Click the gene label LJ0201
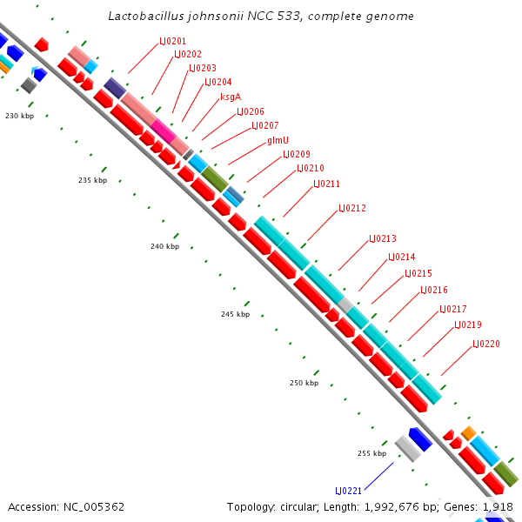tap(172, 41)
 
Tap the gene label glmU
tap(278, 139)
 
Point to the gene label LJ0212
tap(352, 208)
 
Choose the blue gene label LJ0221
tap(349, 491)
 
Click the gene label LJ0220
tap(486, 344)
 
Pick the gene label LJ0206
tap(251, 111)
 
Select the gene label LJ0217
tap(453, 309)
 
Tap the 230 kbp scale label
tap(19, 116)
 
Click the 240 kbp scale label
tap(164, 246)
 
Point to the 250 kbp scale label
tap(304, 383)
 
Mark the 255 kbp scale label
tap(371, 453)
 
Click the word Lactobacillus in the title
tap(144, 16)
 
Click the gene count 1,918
tap(498, 506)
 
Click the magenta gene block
tap(162, 131)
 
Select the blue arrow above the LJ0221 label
tap(421, 439)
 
